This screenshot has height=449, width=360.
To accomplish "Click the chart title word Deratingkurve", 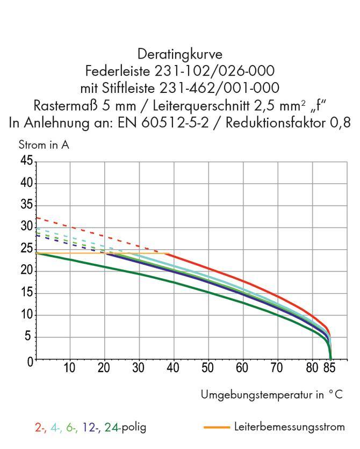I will click(x=180, y=54).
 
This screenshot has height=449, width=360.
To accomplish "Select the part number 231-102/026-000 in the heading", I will click(x=214, y=70).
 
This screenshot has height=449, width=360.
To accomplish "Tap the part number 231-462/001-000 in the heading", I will click(x=226, y=87).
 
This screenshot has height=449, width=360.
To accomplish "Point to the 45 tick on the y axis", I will click(x=26, y=161).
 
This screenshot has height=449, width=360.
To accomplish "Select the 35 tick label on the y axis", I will click(x=26, y=206).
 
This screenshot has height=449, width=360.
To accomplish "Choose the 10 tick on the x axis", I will click(x=69, y=368).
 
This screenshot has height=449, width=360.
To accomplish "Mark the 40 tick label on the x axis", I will click(x=173, y=368).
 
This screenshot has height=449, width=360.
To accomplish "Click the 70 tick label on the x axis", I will click(x=277, y=368).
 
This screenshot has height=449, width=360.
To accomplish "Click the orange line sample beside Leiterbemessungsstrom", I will click(x=217, y=428).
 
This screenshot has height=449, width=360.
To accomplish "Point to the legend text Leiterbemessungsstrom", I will click(x=289, y=428).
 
